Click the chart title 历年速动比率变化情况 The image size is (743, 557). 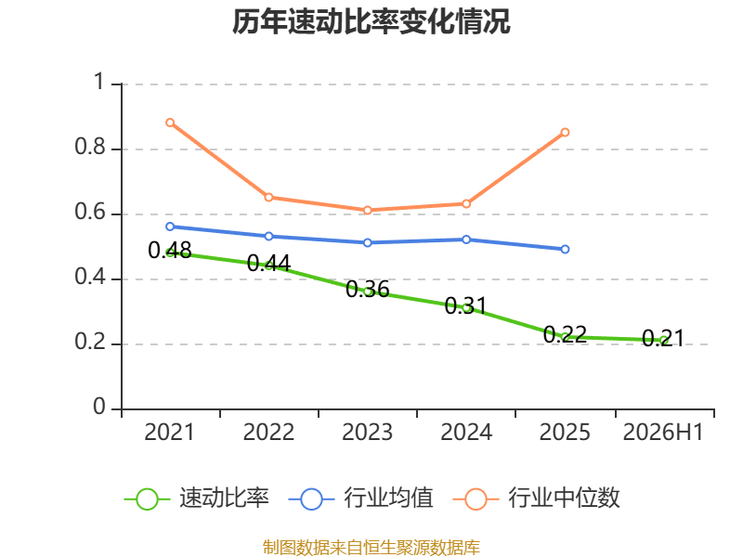[x=371, y=21]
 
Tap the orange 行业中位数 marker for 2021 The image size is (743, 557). [x=170, y=123]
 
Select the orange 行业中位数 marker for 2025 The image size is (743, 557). [x=565, y=132]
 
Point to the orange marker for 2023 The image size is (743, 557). [x=367, y=210]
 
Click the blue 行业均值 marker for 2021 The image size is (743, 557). [x=170, y=227]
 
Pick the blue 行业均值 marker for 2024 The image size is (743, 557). [x=466, y=240]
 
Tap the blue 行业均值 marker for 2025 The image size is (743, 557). [x=565, y=249]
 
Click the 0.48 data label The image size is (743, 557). [x=170, y=250]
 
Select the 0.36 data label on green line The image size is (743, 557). [x=367, y=289]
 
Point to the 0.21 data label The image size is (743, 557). [x=663, y=338]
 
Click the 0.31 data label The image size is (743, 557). [x=466, y=305]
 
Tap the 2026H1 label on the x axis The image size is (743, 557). [x=663, y=432]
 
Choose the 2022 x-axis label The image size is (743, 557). [x=268, y=432]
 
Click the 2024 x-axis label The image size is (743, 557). [x=466, y=432]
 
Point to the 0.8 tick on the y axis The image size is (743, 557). [x=89, y=147]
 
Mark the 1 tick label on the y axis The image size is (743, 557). [x=99, y=82]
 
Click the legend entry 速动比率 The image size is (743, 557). [x=196, y=499]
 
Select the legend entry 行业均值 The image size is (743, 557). [x=360, y=499]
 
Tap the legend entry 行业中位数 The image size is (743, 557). [x=537, y=499]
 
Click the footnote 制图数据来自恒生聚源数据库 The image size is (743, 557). [x=371, y=547]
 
